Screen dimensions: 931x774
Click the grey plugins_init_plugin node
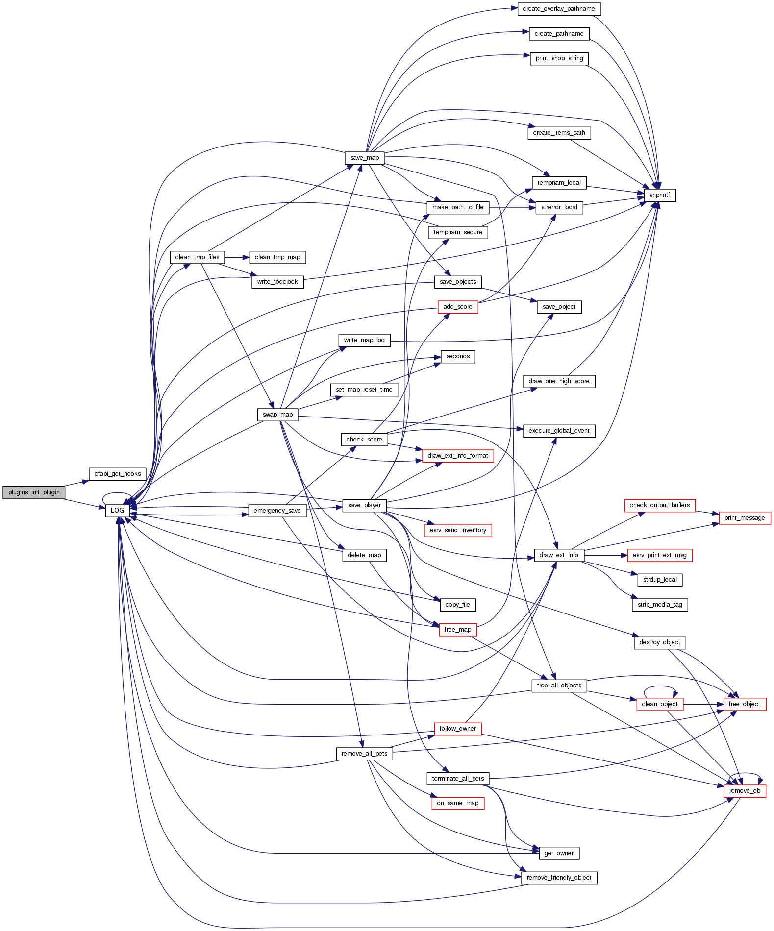click(33, 492)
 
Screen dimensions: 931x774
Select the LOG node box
click(117, 511)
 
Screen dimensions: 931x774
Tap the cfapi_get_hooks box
click(117, 474)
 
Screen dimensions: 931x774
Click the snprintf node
click(659, 195)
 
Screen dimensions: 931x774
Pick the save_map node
click(364, 158)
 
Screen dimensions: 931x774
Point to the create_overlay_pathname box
click(559, 9)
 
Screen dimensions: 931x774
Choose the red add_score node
click(457, 307)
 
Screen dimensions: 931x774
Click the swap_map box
click(277, 415)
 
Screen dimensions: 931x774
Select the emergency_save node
click(277, 511)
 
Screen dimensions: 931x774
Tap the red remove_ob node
click(745, 791)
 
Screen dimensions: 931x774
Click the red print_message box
click(745, 518)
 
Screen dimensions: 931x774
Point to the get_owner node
click(559, 853)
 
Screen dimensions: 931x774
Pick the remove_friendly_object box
click(559, 878)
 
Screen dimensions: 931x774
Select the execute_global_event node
click(559, 431)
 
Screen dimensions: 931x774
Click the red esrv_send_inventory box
click(457, 530)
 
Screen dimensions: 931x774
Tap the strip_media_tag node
click(660, 605)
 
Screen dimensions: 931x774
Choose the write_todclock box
click(277, 282)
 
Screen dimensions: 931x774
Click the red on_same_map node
click(457, 803)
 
